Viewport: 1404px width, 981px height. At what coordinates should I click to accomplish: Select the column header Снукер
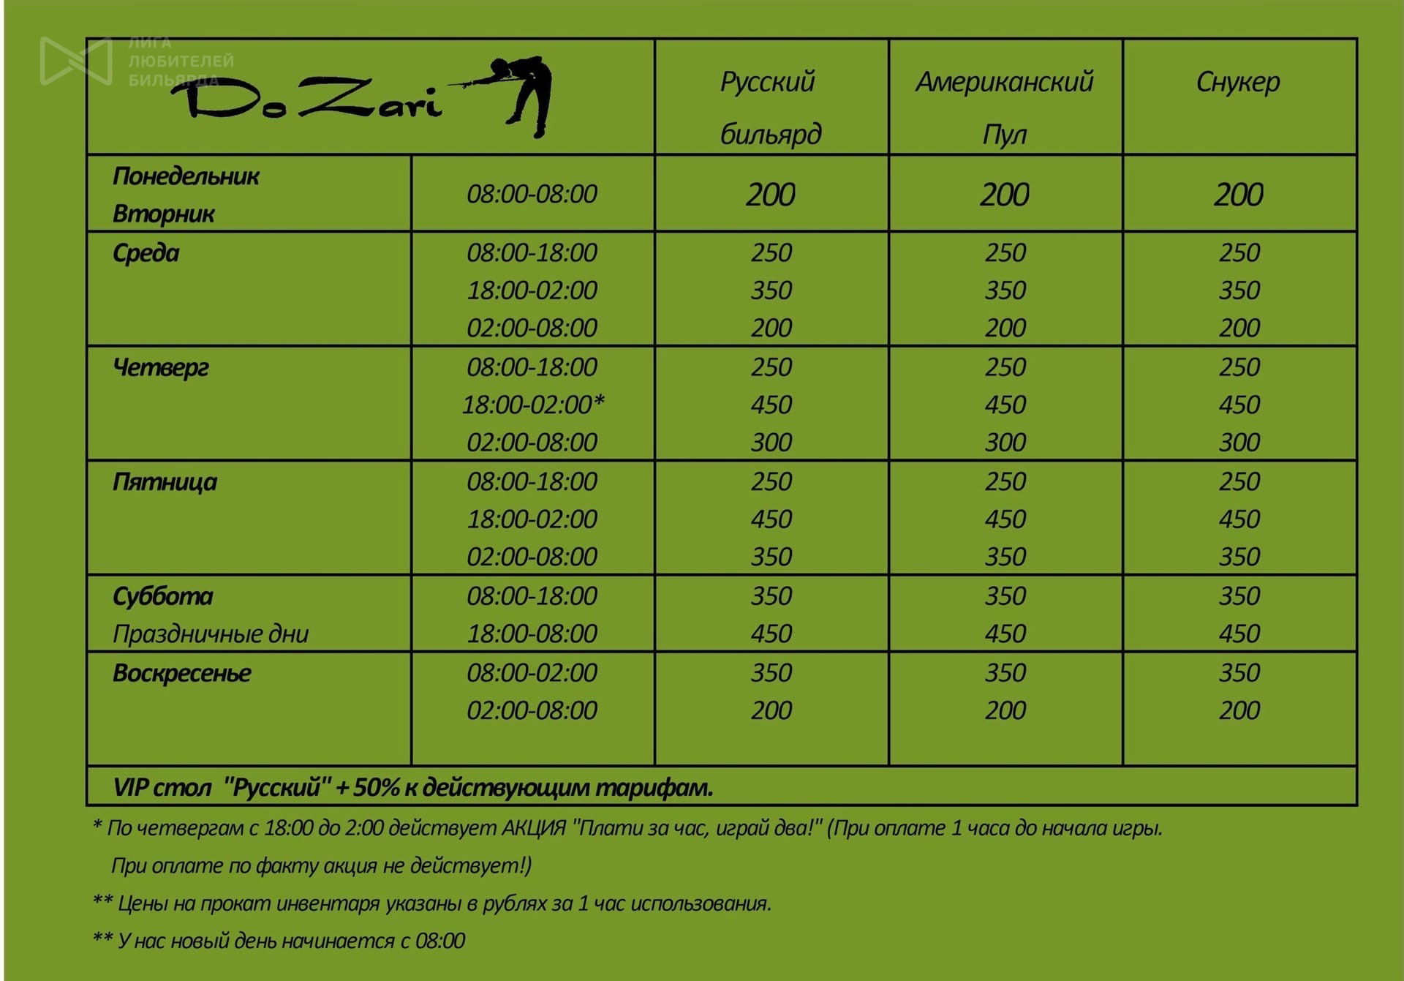click(1238, 82)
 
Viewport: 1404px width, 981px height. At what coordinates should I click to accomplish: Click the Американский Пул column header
click(1005, 107)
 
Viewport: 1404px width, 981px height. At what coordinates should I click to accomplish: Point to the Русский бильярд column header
click(771, 107)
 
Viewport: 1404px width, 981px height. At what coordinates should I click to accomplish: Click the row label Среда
click(146, 253)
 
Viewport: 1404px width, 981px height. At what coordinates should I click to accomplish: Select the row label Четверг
click(161, 367)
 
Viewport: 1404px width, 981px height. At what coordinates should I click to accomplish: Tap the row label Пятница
click(165, 482)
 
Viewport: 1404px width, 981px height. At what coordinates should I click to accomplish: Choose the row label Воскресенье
click(182, 673)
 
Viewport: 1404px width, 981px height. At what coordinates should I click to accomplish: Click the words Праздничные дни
click(211, 634)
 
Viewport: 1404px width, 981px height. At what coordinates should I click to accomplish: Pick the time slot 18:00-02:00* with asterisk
click(533, 405)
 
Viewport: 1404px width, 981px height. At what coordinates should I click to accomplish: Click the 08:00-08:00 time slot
click(532, 194)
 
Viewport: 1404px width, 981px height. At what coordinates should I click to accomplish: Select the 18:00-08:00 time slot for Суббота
click(532, 634)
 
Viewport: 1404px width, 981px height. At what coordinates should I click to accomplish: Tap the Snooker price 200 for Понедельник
click(1239, 195)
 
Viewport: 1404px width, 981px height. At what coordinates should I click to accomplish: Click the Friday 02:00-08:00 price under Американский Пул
click(1005, 557)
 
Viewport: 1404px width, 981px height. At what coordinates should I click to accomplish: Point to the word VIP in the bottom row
click(130, 788)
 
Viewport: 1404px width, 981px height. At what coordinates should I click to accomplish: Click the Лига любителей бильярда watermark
click(139, 61)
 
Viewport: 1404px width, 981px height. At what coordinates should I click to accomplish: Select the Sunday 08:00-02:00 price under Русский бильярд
click(771, 673)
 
